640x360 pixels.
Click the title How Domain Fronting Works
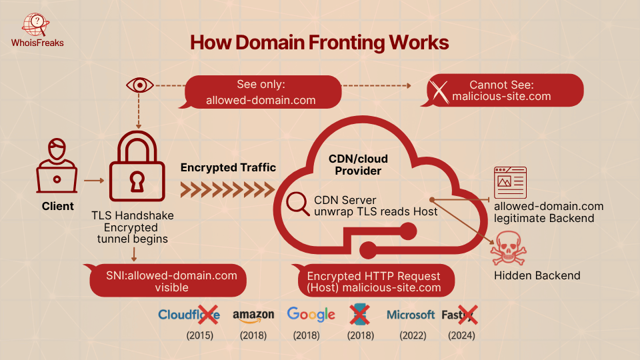319,42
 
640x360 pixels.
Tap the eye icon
139,85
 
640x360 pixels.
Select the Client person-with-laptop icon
57,167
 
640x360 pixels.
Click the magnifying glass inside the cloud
296,203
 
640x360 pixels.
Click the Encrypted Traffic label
228,167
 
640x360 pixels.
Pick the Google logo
311,314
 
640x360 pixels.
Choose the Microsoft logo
411,315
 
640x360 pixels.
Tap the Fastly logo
461,315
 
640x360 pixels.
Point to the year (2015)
199,335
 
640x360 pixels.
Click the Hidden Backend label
537,275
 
